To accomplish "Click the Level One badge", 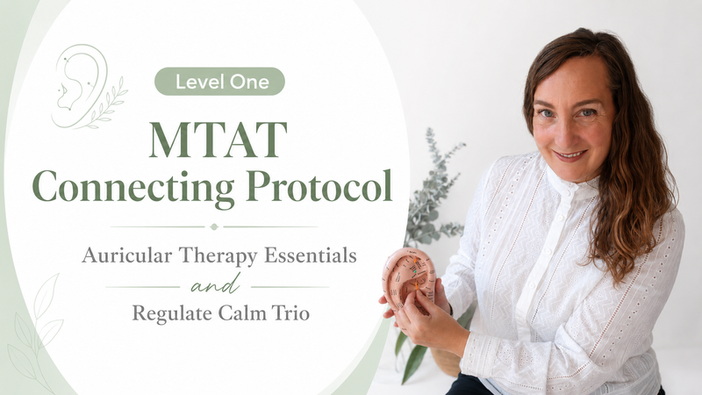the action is coord(219,82).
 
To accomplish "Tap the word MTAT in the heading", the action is coord(218,140).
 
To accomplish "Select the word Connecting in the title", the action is coord(133,187).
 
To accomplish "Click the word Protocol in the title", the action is coord(319,185).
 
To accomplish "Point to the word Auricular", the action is coord(126,255).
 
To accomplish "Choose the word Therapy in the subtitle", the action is coord(218,256).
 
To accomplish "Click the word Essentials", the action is coord(311,255).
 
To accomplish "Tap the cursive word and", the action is coord(215,284).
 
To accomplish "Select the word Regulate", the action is coord(172,313).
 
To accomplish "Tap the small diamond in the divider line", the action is coord(214,226).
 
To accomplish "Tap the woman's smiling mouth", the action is coord(569,156).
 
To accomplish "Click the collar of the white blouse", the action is coord(572,184).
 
